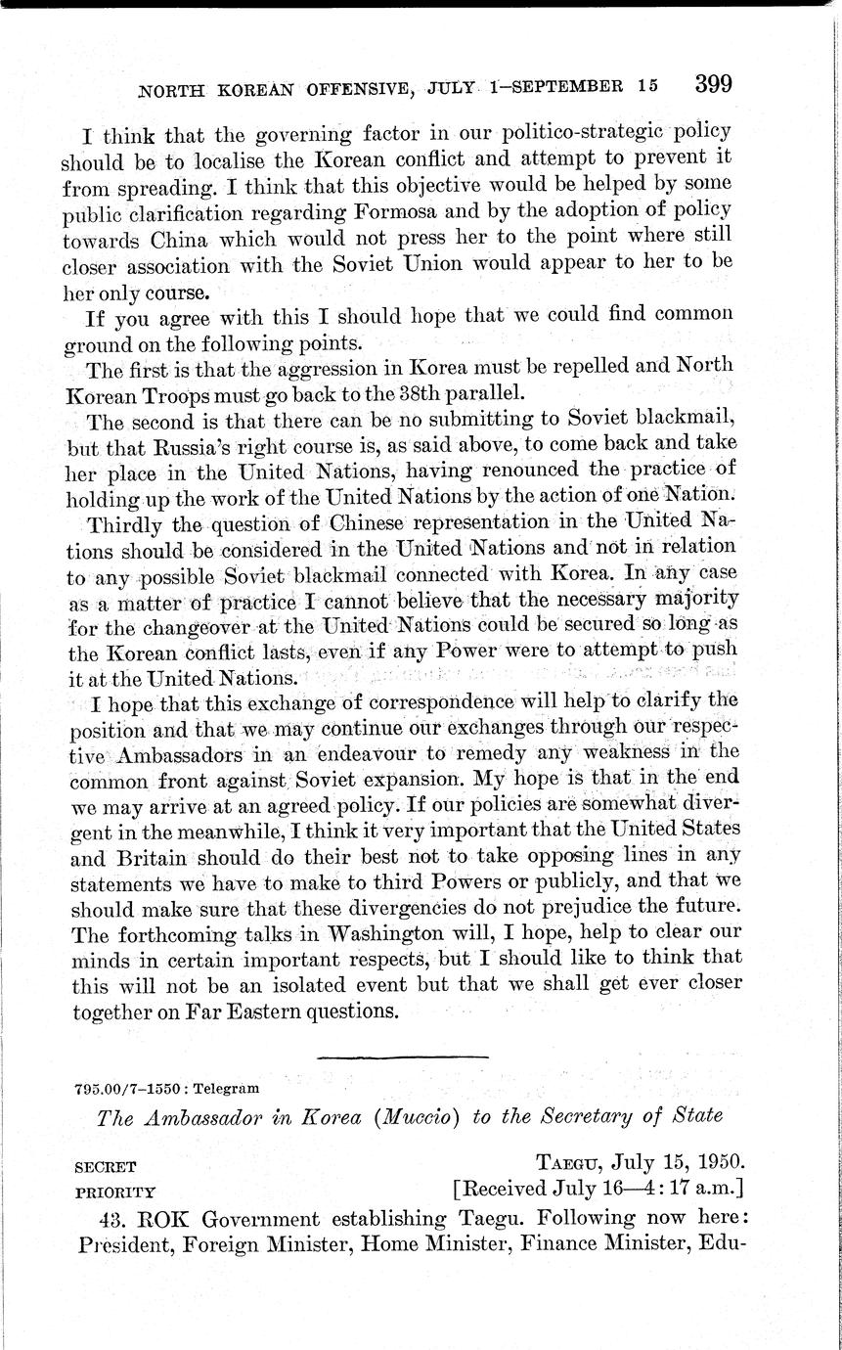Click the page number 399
click(713, 84)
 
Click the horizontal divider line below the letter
click(402, 1057)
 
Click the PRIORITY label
click(114, 1192)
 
